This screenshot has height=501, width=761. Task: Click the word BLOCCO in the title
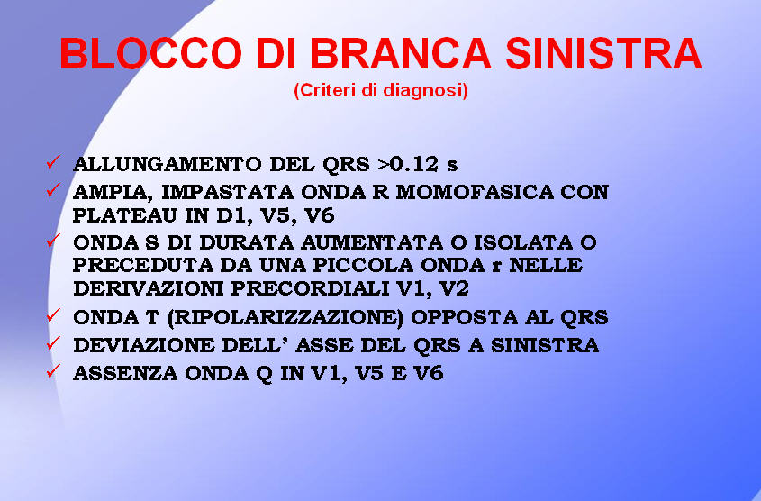[x=150, y=53]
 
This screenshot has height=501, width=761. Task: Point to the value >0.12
[x=408, y=164]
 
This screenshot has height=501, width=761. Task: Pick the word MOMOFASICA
[x=475, y=192]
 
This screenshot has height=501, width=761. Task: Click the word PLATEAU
[x=125, y=215]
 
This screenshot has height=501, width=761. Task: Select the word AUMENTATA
[x=372, y=241]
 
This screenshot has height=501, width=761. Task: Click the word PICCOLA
[x=363, y=265]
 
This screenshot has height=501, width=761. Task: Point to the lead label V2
[x=454, y=288]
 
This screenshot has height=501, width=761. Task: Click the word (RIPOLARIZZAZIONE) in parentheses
[x=285, y=317]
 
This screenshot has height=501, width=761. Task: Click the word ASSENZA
[x=125, y=373]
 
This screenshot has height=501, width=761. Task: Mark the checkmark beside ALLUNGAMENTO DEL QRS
[x=53, y=161]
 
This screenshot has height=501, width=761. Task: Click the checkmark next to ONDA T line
[x=53, y=315]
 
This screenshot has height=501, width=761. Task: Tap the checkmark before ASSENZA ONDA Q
[x=53, y=371]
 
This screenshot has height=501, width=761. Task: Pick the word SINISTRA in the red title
[x=603, y=53]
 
